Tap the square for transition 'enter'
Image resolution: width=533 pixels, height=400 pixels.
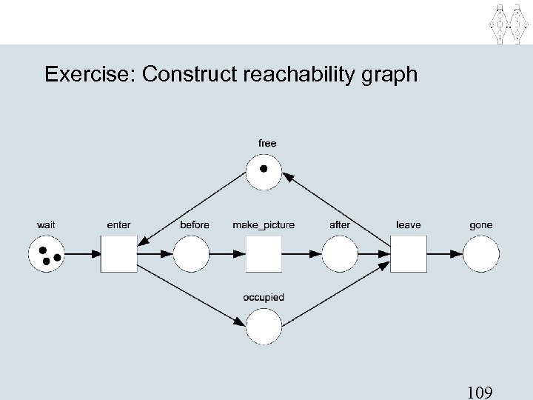click(118, 253)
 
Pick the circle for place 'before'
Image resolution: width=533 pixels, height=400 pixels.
click(191, 253)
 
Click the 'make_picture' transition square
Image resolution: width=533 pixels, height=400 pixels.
click(264, 253)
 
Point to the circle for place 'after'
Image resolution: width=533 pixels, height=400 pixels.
click(339, 253)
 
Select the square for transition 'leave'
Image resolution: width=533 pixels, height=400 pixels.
click(409, 253)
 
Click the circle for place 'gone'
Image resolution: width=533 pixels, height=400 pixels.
click(480, 253)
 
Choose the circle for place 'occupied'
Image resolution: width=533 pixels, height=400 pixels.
click(264, 327)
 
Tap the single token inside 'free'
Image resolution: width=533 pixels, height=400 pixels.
click(264, 167)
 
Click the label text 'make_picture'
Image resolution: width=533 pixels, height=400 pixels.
click(264, 224)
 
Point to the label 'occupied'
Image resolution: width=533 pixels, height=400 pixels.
click(264, 298)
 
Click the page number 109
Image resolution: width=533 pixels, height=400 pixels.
click(483, 390)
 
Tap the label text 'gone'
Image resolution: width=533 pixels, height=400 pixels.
click(480, 224)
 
